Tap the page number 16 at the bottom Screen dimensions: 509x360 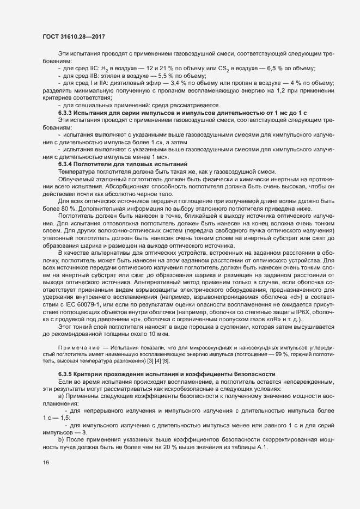(46, 463)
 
